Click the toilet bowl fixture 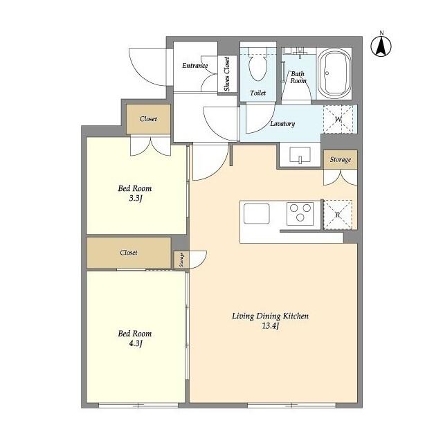[x=258, y=70]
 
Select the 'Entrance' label [x=195, y=66]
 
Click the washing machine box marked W [x=338, y=119]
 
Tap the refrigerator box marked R [x=338, y=214]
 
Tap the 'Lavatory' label [x=282, y=124]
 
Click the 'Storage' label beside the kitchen [x=340, y=160]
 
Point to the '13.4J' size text [x=270, y=327]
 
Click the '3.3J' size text [x=135, y=199]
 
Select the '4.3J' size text [x=135, y=344]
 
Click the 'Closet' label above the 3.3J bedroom [x=148, y=119]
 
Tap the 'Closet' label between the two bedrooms [x=129, y=253]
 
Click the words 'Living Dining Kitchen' [x=270, y=316]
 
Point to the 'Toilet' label [x=257, y=91]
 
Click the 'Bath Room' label [x=298, y=77]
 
